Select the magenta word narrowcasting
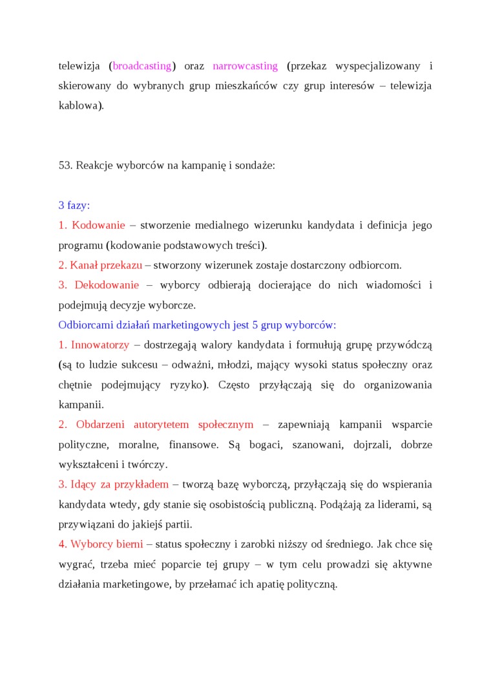click(245, 66)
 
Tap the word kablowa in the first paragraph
click(79, 105)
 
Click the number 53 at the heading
click(65, 166)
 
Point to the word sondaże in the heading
click(257, 166)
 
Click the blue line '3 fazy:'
click(74, 206)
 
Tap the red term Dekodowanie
click(107, 285)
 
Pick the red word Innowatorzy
click(100, 345)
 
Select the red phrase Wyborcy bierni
click(107, 544)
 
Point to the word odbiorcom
click(376, 265)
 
